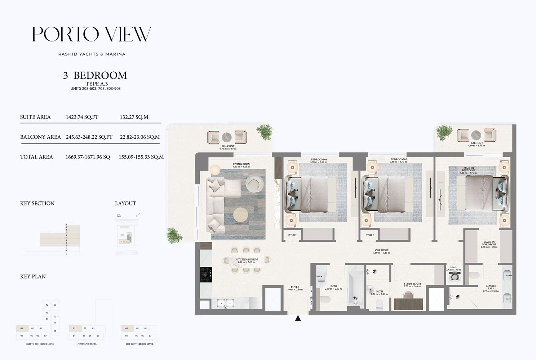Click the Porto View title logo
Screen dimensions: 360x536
pos(92,34)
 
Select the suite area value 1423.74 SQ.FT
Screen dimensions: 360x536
pos(82,117)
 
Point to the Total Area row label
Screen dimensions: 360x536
pos(36,157)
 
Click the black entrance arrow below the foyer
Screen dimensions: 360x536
pos(298,318)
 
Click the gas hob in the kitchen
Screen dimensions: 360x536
pos(206,275)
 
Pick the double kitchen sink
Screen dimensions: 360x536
pos(225,303)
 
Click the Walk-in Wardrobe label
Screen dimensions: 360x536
pos(489,244)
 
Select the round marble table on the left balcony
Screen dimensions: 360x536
pos(227,137)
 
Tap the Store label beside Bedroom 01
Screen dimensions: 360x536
pos(292,235)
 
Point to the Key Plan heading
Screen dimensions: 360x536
pos(33,276)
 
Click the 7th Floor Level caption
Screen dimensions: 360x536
pos(87,344)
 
